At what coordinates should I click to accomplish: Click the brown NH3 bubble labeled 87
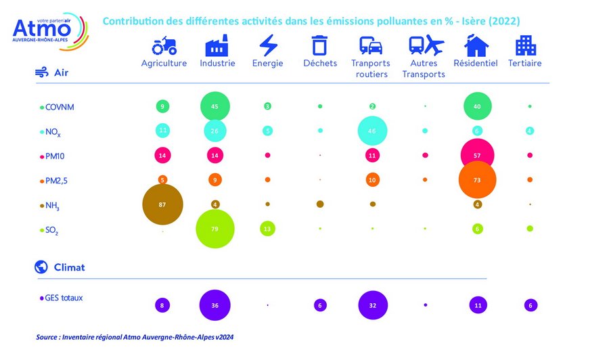pyautogui.click(x=162, y=204)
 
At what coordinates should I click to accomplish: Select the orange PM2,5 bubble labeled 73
pyautogui.click(x=477, y=179)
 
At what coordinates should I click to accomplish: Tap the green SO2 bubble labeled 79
pyautogui.click(x=215, y=229)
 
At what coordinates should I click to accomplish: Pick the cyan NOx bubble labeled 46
pyautogui.click(x=371, y=131)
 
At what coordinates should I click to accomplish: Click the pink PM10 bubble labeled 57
pyautogui.click(x=477, y=155)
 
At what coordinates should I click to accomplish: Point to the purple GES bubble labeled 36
pyautogui.click(x=215, y=305)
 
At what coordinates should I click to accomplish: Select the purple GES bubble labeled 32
pyautogui.click(x=372, y=305)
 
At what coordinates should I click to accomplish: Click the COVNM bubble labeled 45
pyautogui.click(x=215, y=106)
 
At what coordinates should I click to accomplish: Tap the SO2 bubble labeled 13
pyautogui.click(x=267, y=229)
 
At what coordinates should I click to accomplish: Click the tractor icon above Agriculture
pyautogui.click(x=164, y=46)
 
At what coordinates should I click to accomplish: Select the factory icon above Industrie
pyautogui.click(x=217, y=46)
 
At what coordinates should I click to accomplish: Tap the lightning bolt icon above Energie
pyautogui.click(x=269, y=46)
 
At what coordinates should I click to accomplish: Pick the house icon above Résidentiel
pyautogui.click(x=476, y=46)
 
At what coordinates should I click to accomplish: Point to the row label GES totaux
pyautogui.click(x=64, y=297)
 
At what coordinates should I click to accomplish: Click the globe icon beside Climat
pyautogui.click(x=41, y=267)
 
